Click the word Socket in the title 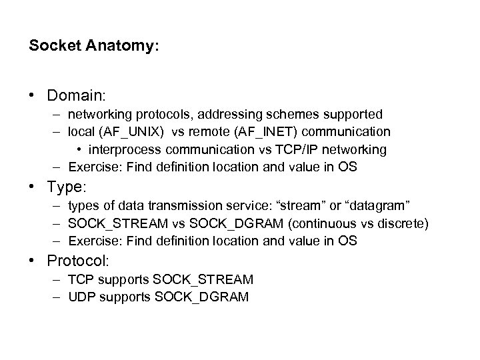(53, 48)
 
